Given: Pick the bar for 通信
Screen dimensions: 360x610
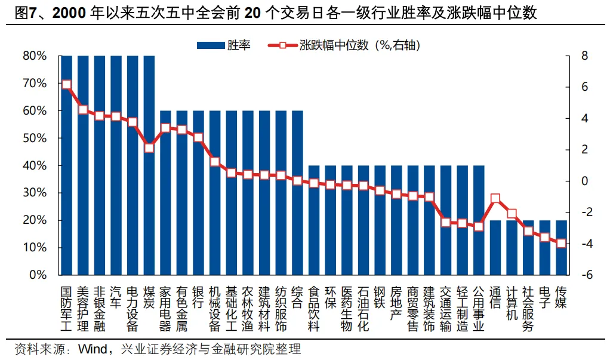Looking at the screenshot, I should click(x=495, y=248).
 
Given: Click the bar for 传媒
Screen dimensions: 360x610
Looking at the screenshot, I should click(x=561, y=248).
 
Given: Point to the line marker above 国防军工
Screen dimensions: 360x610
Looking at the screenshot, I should click(x=66, y=85).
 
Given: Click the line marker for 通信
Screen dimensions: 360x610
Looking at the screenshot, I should click(x=495, y=199).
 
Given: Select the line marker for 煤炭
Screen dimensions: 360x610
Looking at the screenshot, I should click(x=149, y=147).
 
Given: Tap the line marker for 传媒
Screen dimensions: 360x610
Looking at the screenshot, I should click(x=561, y=243).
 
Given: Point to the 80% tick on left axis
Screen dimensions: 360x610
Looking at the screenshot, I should click(x=35, y=56).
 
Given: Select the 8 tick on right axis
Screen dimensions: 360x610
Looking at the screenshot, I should click(x=586, y=56).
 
